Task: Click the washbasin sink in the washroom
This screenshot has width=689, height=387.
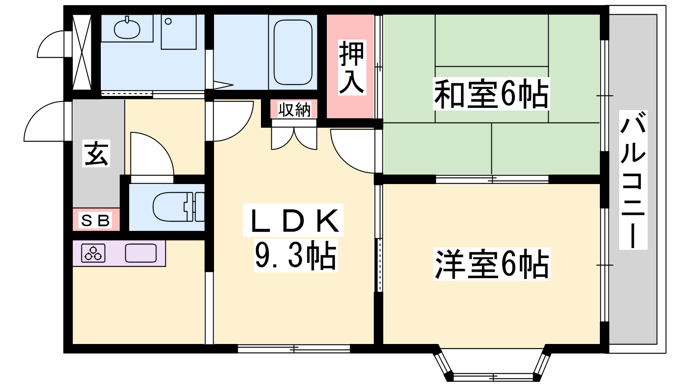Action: point(127,28)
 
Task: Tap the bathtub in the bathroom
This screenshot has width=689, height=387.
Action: point(293,52)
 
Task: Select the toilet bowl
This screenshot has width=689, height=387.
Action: point(178,207)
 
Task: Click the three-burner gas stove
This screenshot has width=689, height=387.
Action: point(93,253)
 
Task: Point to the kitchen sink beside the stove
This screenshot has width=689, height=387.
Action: point(141,253)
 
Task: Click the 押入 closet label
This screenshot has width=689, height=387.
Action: point(351,67)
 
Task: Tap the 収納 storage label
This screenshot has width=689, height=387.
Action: point(295,110)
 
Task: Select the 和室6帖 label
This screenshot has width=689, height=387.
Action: point(491,94)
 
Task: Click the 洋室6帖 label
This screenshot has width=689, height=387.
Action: point(491,264)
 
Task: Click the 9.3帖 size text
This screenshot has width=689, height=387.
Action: point(295,256)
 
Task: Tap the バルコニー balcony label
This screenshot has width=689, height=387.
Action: point(633,180)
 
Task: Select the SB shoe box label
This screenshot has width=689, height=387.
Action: point(95,221)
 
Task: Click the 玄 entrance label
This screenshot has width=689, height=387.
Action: point(96,153)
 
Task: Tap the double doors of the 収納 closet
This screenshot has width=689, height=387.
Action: point(294,138)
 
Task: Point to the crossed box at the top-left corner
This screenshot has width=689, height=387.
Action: point(82,52)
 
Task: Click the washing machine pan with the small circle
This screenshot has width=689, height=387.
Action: point(179,32)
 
